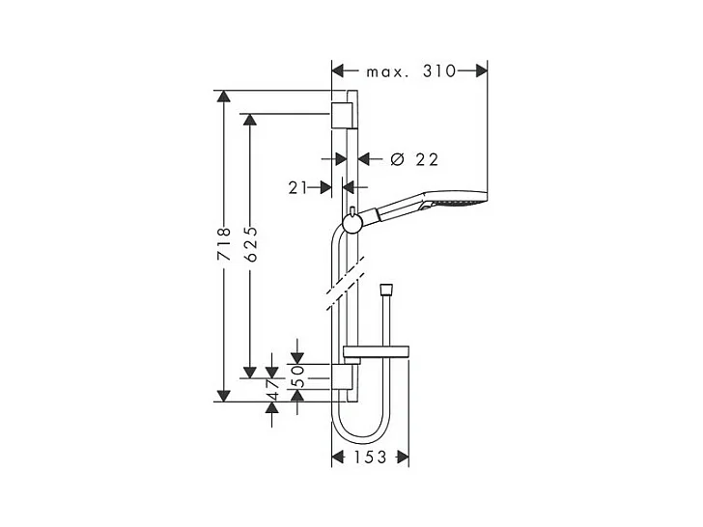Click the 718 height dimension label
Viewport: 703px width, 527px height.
pos(224,244)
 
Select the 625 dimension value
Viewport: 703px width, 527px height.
pos(251,244)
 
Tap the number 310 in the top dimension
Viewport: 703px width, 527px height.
pos(439,71)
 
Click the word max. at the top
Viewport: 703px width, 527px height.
pos(387,72)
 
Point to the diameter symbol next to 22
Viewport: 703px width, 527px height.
pos(397,159)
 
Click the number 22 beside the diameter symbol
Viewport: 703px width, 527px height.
pos(427,159)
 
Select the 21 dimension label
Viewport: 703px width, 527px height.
pos(297,188)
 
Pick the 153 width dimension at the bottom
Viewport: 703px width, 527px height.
pos(370,458)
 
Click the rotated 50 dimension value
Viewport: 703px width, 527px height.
pos(299,376)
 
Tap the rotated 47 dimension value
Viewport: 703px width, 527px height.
pos(272,389)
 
